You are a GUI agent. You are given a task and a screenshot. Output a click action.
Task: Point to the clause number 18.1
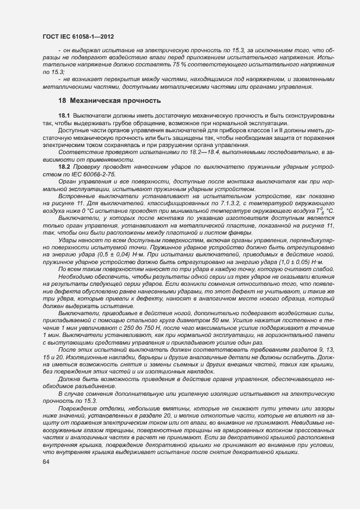(64, 116)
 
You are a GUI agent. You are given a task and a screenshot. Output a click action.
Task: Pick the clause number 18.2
(64, 166)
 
